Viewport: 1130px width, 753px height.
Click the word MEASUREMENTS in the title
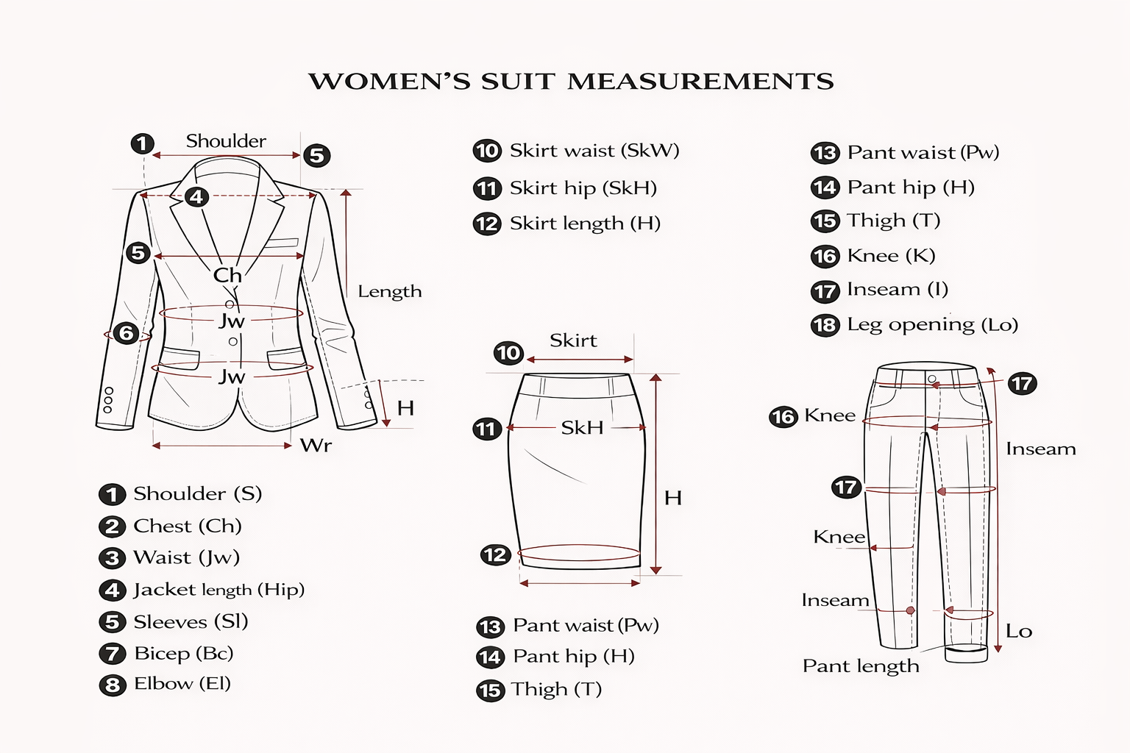(x=700, y=81)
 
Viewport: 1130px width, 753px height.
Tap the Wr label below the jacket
(x=316, y=445)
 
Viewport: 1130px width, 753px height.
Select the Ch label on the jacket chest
(x=227, y=275)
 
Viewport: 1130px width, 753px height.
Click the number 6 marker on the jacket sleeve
(x=126, y=333)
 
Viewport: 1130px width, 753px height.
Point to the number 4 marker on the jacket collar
(x=196, y=196)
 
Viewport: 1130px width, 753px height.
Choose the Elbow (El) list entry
(x=165, y=685)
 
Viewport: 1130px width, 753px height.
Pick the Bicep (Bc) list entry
(x=166, y=654)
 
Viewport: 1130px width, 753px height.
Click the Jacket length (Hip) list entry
(x=202, y=590)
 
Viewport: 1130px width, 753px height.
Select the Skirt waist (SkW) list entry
(x=576, y=151)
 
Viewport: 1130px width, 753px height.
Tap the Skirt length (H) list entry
(x=566, y=224)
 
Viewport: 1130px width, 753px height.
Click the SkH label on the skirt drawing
(x=582, y=428)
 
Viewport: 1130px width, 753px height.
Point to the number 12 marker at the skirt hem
(x=495, y=555)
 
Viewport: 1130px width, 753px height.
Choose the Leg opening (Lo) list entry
(x=914, y=325)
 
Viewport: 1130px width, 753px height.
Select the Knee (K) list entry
(x=873, y=256)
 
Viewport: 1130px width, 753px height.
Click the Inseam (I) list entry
(x=879, y=290)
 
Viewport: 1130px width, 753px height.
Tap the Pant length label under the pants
(x=861, y=666)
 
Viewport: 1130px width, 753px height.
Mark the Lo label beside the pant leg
(x=1018, y=631)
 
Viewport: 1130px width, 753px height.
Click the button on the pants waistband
(x=932, y=379)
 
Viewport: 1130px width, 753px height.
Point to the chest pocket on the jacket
(x=280, y=243)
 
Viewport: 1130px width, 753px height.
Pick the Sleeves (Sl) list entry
(x=174, y=622)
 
